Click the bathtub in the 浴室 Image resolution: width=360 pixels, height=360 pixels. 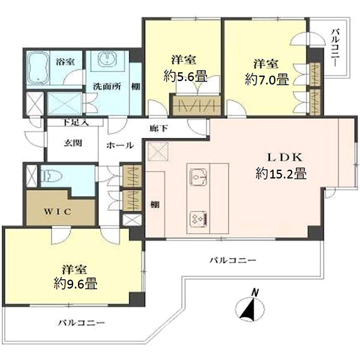click(x=38, y=68)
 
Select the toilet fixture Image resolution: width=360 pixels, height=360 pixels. click(x=52, y=176)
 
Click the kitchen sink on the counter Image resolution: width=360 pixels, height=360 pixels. click(x=199, y=178)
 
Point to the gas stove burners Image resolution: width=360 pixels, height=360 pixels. click(x=199, y=219)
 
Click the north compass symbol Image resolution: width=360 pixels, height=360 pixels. click(x=250, y=310)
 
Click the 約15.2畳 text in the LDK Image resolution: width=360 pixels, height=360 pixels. click(x=281, y=173)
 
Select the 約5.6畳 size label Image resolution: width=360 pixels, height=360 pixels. click(x=185, y=76)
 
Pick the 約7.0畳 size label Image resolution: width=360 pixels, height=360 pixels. click(x=266, y=79)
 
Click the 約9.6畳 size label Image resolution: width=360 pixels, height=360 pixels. click(x=76, y=283)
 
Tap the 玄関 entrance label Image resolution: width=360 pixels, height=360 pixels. click(x=73, y=143)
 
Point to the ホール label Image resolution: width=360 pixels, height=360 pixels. click(x=120, y=145)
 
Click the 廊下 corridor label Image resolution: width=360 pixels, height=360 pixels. click(x=158, y=128)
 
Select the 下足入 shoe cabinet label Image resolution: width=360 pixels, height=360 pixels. click(x=76, y=122)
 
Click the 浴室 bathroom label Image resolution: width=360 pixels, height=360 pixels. click(x=65, y=62)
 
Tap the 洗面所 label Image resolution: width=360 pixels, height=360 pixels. click(x=107, y=86)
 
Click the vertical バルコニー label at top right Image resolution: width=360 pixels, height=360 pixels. click(x=335, y=48)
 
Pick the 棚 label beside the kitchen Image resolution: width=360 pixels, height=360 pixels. click(x=155, y=204)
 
